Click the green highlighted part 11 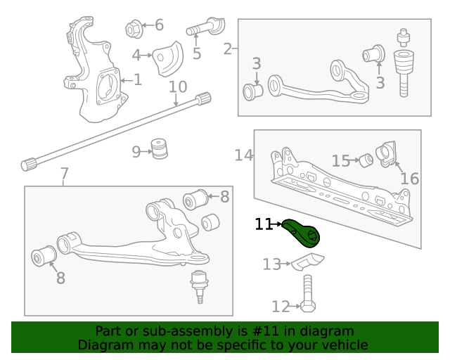(x=302, y=233)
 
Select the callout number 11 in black (x=264, y=224)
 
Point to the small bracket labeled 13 (x=309, y=263)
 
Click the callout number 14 (x=244, y=155)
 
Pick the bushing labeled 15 (x=366, y=160)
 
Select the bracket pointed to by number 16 (x=387, y=155)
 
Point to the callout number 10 (x=178, y=87)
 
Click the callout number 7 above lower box (x=64, y=174)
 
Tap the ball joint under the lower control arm (x=200, y=283)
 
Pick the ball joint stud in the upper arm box (x=404, y=63)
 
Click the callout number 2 (x=227, y=49)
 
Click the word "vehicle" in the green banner (x=343, y=345)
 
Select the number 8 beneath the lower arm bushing (x=60, y=278)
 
